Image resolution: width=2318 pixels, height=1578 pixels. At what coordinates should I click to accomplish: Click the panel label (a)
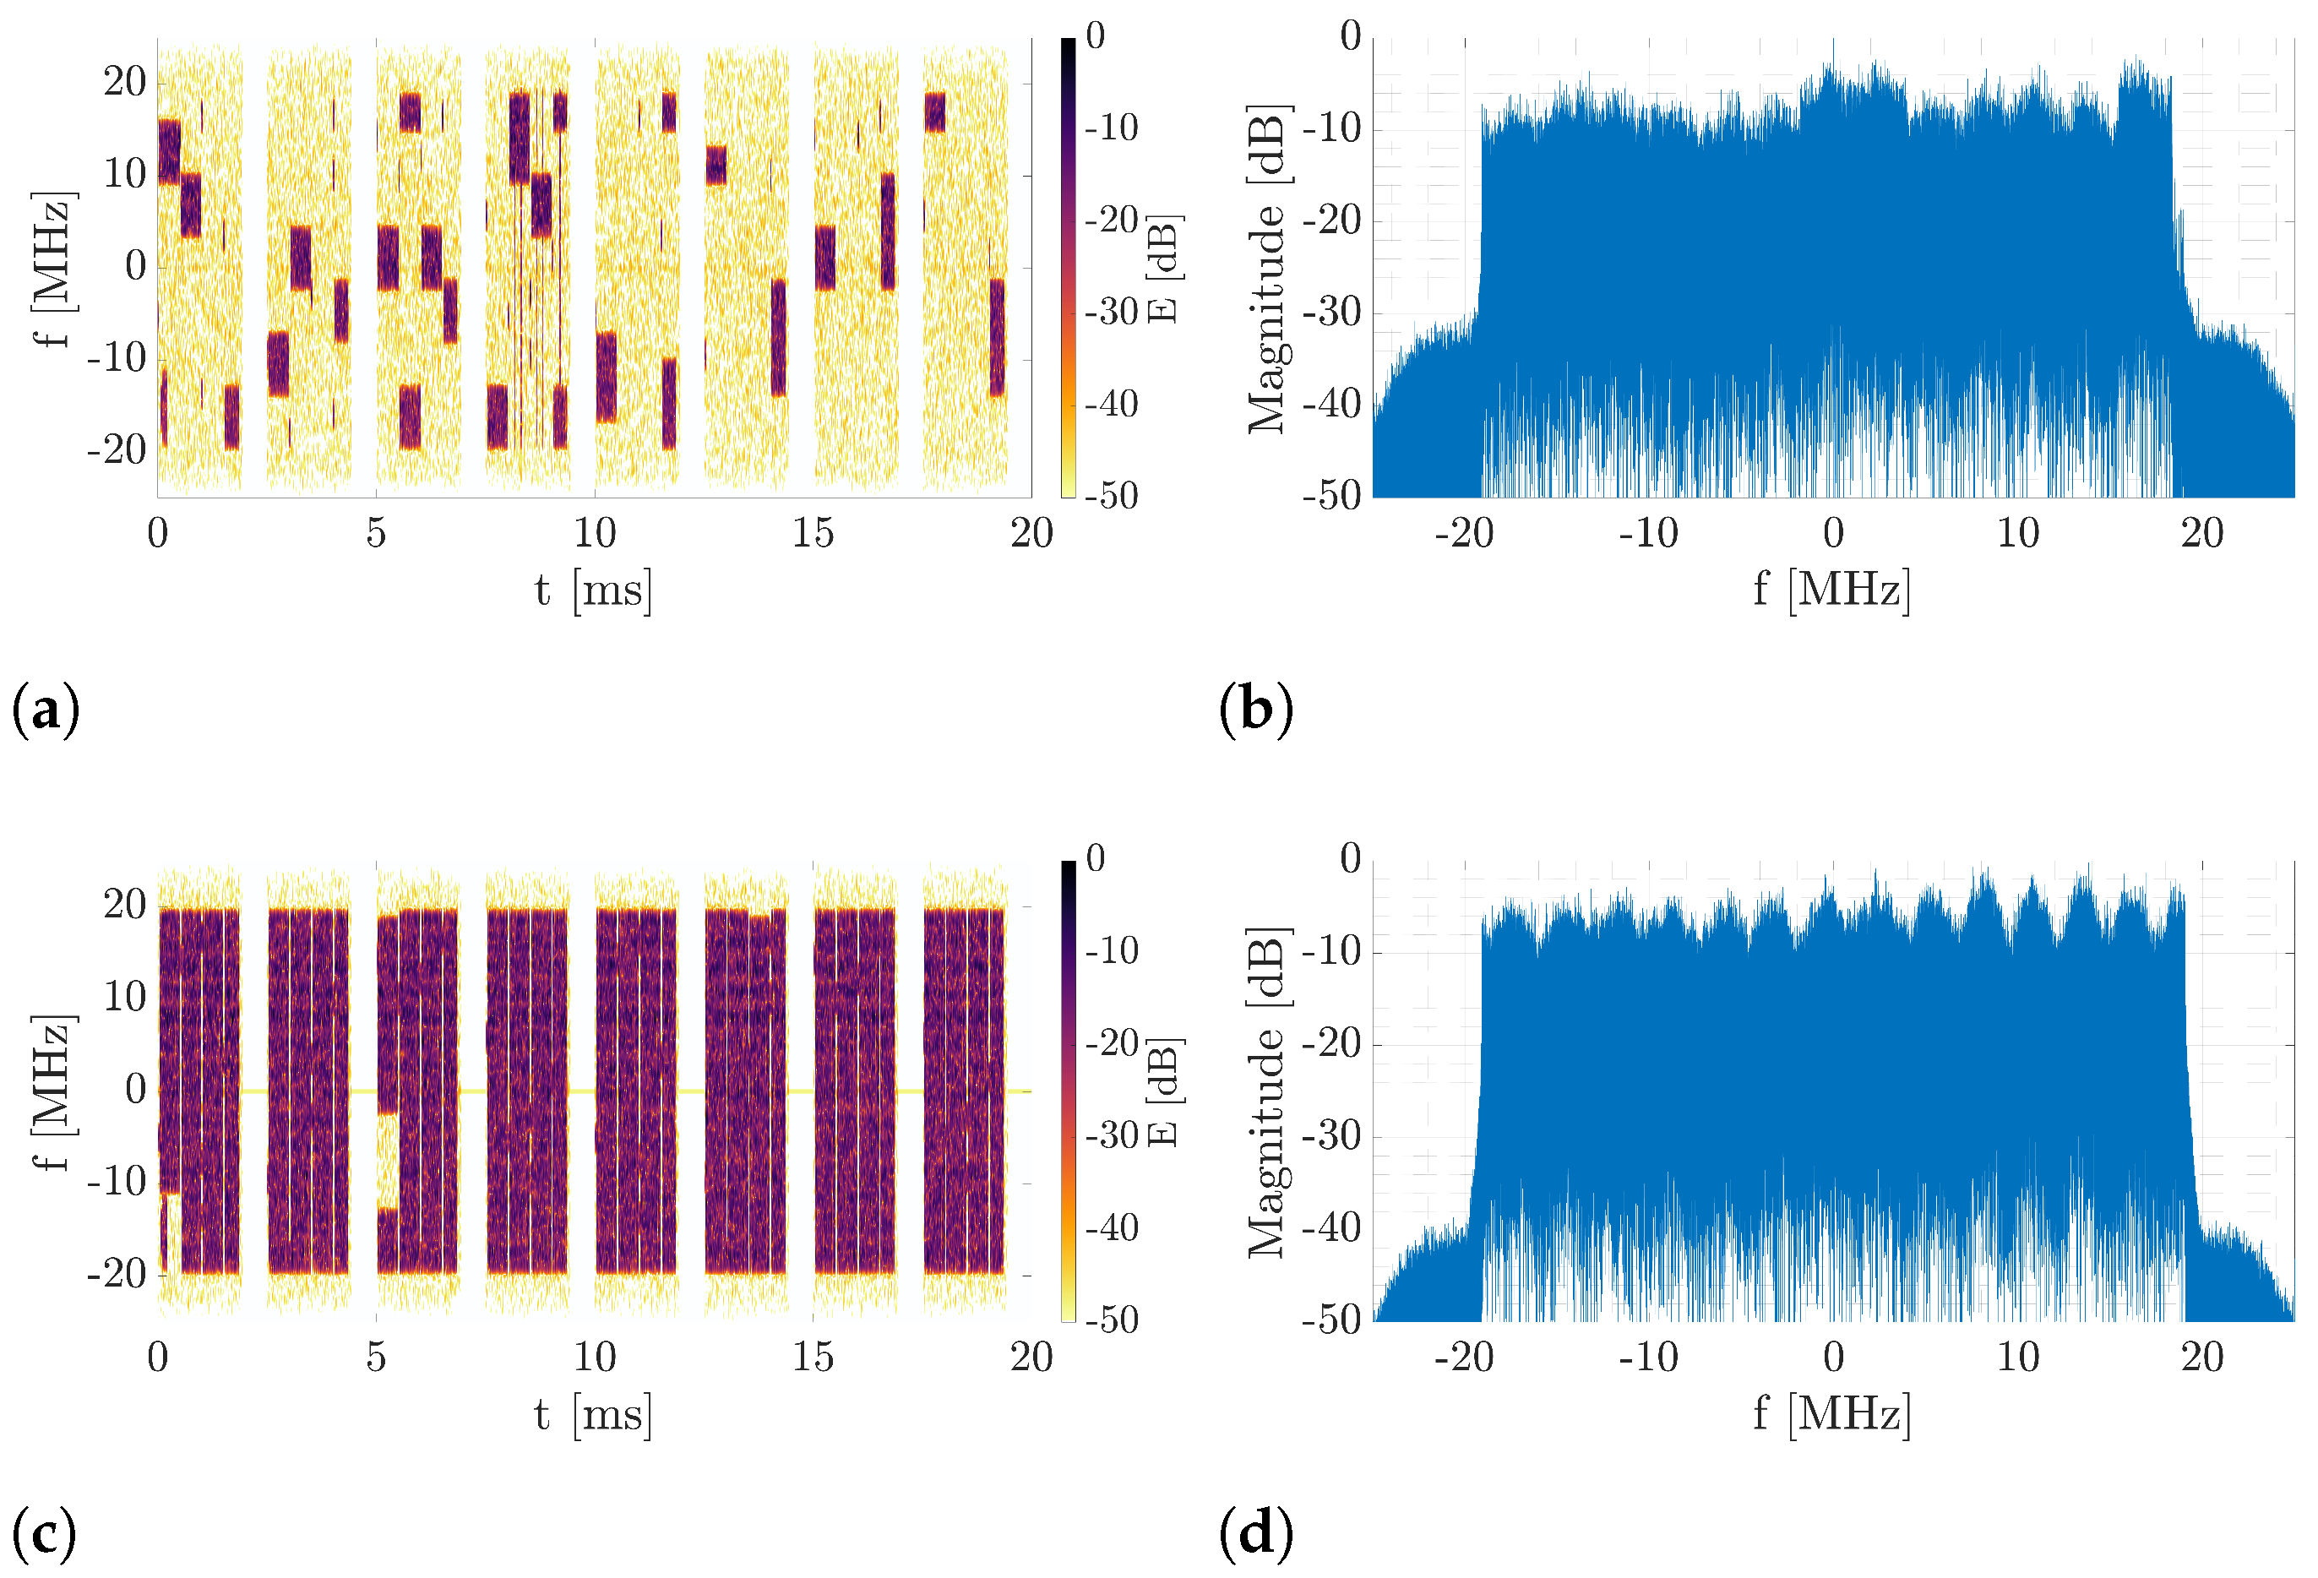click(x=45, y=711)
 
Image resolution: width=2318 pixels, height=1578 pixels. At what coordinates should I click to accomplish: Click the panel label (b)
click(x=1254, y=711)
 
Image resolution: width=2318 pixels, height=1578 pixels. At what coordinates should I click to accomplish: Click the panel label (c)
click(x=45, y=1533)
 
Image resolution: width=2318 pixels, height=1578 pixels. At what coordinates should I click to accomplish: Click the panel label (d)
click(x=1254, y=1533)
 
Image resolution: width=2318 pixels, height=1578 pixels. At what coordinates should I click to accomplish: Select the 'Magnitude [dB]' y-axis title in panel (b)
click(x=1267, y=269)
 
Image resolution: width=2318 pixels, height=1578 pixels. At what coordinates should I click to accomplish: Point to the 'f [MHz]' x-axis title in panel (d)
click(x=1831, y=1414)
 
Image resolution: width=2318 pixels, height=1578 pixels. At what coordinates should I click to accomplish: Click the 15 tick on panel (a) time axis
click(x=812, y=535)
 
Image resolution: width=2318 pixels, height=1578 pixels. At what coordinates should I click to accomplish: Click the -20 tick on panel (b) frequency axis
click(x=1463, y=535)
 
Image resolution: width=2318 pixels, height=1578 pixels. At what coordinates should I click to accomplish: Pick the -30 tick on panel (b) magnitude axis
click(x=1330, y=313)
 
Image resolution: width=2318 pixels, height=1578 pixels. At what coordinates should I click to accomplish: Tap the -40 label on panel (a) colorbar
click(x=1111, y=404)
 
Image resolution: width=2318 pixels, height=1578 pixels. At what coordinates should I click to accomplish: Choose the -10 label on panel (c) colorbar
click(x=1111, y=950)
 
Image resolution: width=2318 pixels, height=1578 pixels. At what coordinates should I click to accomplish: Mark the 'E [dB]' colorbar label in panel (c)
click(x=1163, y=1092)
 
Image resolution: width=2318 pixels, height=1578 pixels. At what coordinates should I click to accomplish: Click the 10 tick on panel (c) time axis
click(x=594, y=1358)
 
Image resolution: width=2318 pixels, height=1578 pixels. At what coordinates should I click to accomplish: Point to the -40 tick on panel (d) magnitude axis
click(x=1330, y=1228)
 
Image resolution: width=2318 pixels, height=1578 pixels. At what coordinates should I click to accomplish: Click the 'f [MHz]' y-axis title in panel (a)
click(x=52, y=269)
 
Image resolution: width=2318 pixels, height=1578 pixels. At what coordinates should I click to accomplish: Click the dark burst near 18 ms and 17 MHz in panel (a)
click(x=934, y=112)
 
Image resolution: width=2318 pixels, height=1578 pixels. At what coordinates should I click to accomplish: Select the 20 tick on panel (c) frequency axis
click(x=125, y=905)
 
